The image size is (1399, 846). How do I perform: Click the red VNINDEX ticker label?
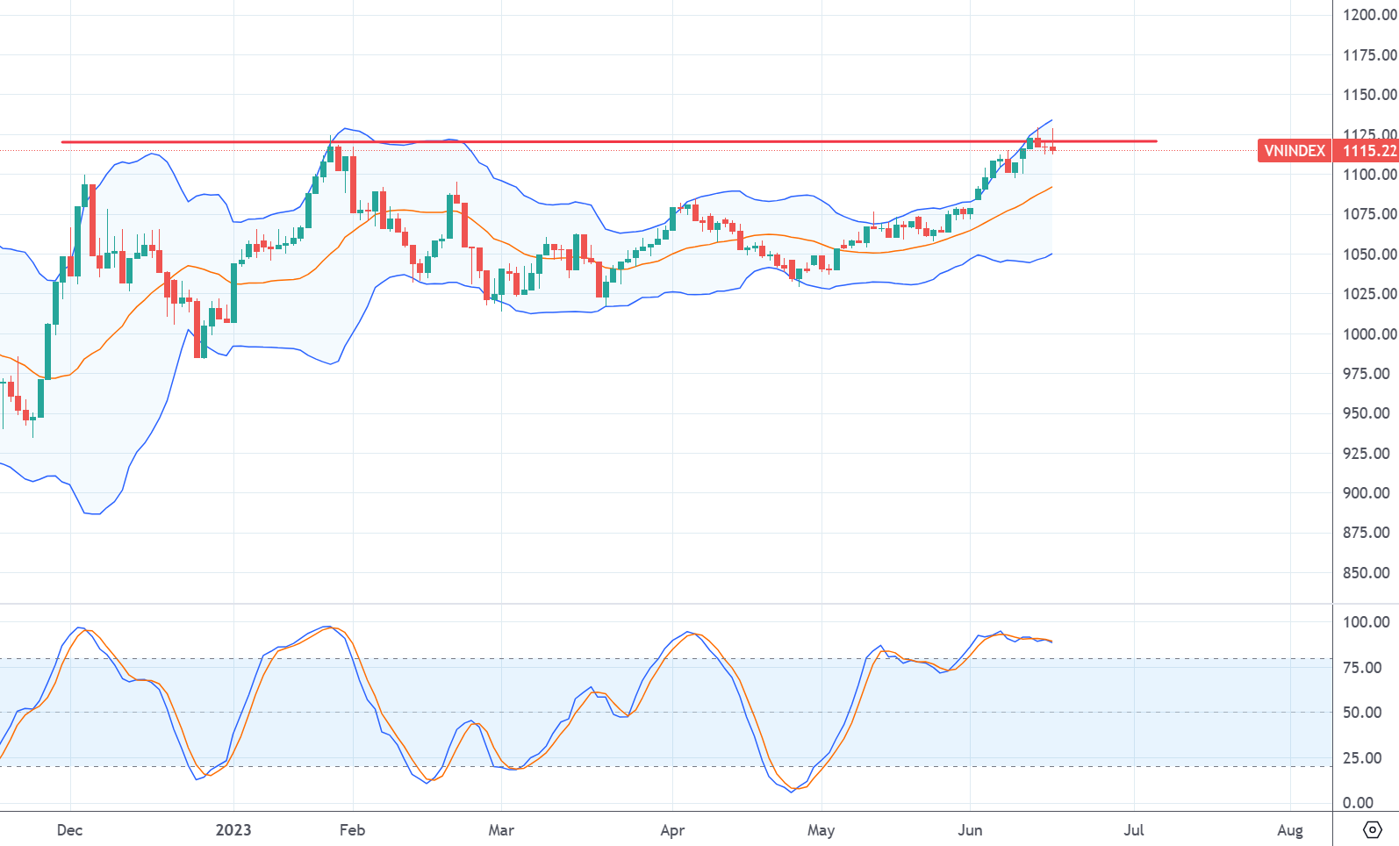[x=1294, y=151]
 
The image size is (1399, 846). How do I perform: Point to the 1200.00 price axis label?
[x=1369, y=15]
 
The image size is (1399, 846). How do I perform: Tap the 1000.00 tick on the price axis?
[x=1369, y=333]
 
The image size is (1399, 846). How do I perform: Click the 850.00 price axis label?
[x=1366, y=573]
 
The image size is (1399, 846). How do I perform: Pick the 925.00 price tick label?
[x=1366, y=454]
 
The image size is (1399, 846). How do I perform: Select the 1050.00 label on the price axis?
[x=1369, y=255]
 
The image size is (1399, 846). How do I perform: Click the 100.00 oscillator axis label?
[x=1366, y=622]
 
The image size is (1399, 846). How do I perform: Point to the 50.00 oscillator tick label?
[x=1362, y=713]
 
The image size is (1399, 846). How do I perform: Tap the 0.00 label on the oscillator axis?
[x=1358, y=803]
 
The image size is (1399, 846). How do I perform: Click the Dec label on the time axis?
[x=69, y=830]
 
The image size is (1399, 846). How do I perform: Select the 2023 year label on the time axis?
[x=233, y=830]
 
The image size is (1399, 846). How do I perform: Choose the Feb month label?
[x=352, y=830]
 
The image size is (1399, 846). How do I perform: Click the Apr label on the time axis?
[x=672, y=830]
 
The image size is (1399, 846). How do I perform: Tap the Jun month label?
[x=970, y=830]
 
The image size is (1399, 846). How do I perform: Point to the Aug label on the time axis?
[x=1290, y=830]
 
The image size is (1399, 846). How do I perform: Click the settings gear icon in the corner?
[x=1372, y=829]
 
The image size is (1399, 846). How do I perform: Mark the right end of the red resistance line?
[x=1156, y=141]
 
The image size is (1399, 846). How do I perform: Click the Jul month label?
[x=1134, y=830]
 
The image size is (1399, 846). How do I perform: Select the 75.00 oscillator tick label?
[x=1362, y=668]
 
